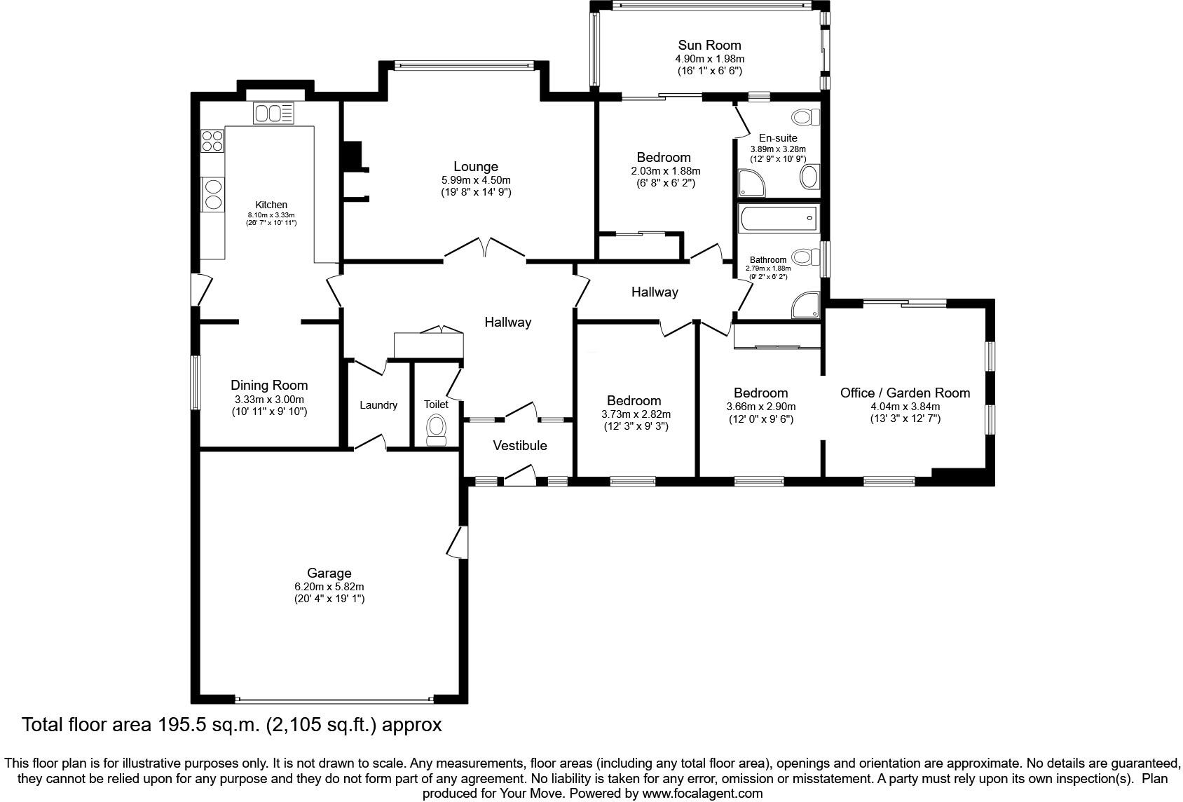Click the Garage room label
[x=329, y=573]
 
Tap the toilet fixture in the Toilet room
[x=436, y=429]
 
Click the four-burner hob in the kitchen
[x=212, y=142]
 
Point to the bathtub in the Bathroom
[x=778, y=219]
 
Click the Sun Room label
[x=709, y=46]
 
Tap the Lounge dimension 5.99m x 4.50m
[x=476, y=179]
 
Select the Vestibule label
[x=519, y=446]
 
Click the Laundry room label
[x=378, y=405]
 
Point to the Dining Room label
[x=269, y=385]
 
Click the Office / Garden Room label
[x=905, y=393]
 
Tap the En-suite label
[x=778, y=138]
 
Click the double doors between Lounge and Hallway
[x=484, y=250]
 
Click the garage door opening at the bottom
[x=334, y=699]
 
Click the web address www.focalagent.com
[x=702, y=794]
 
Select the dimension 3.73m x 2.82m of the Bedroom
[x=636, y=414]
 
